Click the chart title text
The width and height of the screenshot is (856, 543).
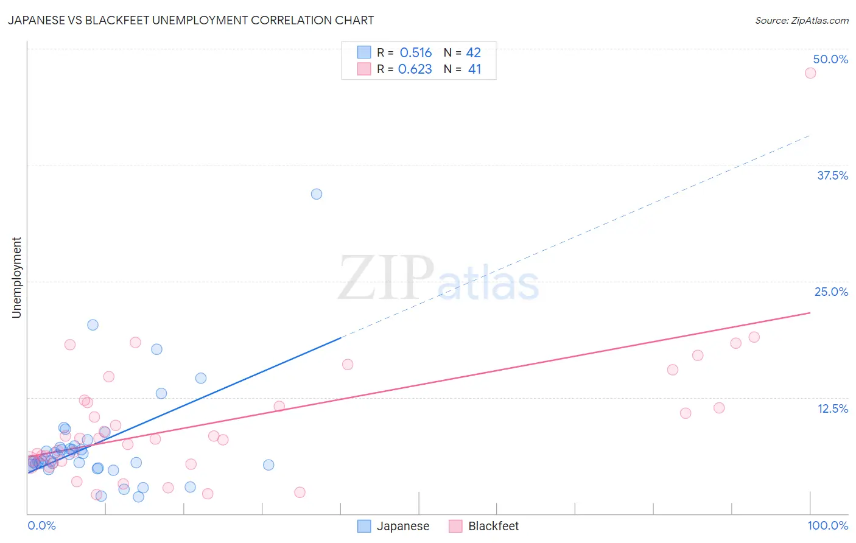[191, 20]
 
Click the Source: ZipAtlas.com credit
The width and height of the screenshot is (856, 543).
[801, 20]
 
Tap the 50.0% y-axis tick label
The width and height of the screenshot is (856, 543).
[830, 59]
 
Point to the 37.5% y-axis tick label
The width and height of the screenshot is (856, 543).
[832, 175]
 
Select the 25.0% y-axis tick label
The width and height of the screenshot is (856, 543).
[831, 292]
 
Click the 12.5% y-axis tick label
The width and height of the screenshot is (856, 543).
[832, 408]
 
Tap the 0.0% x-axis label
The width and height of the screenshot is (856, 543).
[41, 525]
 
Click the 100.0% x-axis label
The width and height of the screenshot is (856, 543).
[827, 525]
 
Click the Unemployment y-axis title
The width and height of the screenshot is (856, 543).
[16, 278]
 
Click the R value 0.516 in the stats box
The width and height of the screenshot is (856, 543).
[415, 53]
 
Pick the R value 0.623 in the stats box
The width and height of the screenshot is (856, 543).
[415, 69]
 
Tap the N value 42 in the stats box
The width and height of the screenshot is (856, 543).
[474, 53]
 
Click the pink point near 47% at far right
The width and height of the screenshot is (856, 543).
[810, 73]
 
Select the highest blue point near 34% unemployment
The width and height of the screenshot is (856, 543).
[317, 194]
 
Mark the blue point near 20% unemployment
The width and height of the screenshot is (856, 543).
[93, 325]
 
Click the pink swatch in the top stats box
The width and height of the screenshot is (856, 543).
[364, 69]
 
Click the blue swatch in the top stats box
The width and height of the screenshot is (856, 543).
[364, 52]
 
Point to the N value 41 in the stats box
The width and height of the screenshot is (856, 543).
[474, 69]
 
